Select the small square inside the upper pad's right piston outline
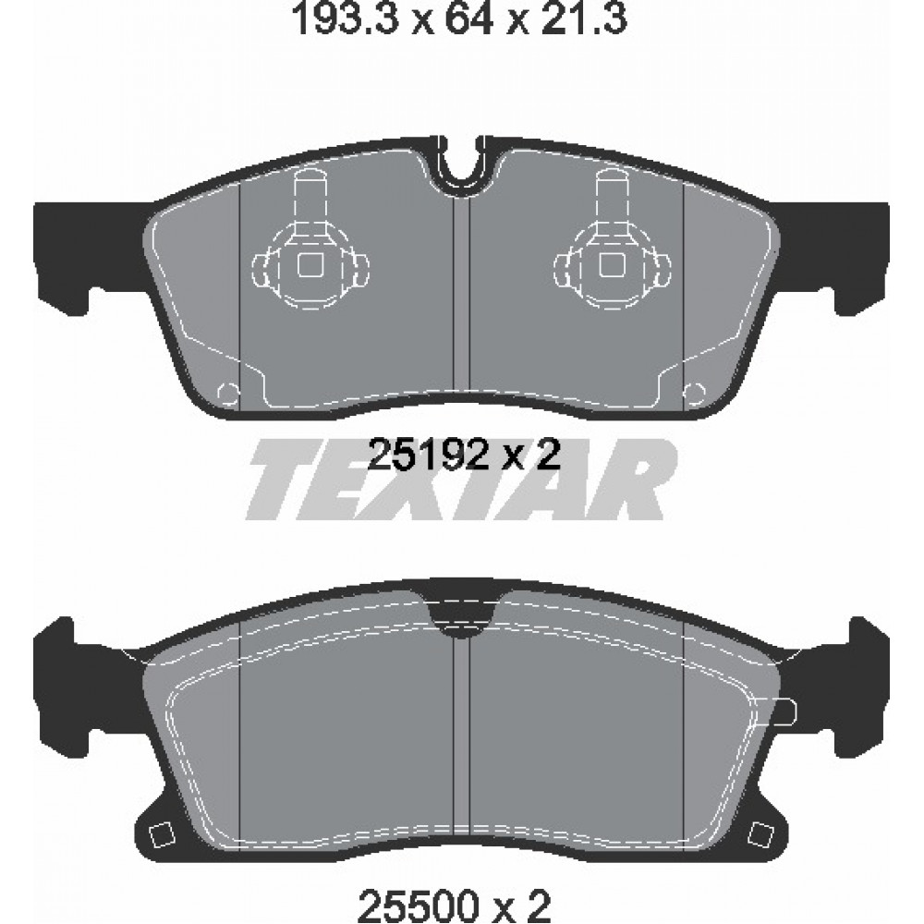(613, 264)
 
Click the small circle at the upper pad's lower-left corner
(228, 392)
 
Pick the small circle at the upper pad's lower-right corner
(696, 392)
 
